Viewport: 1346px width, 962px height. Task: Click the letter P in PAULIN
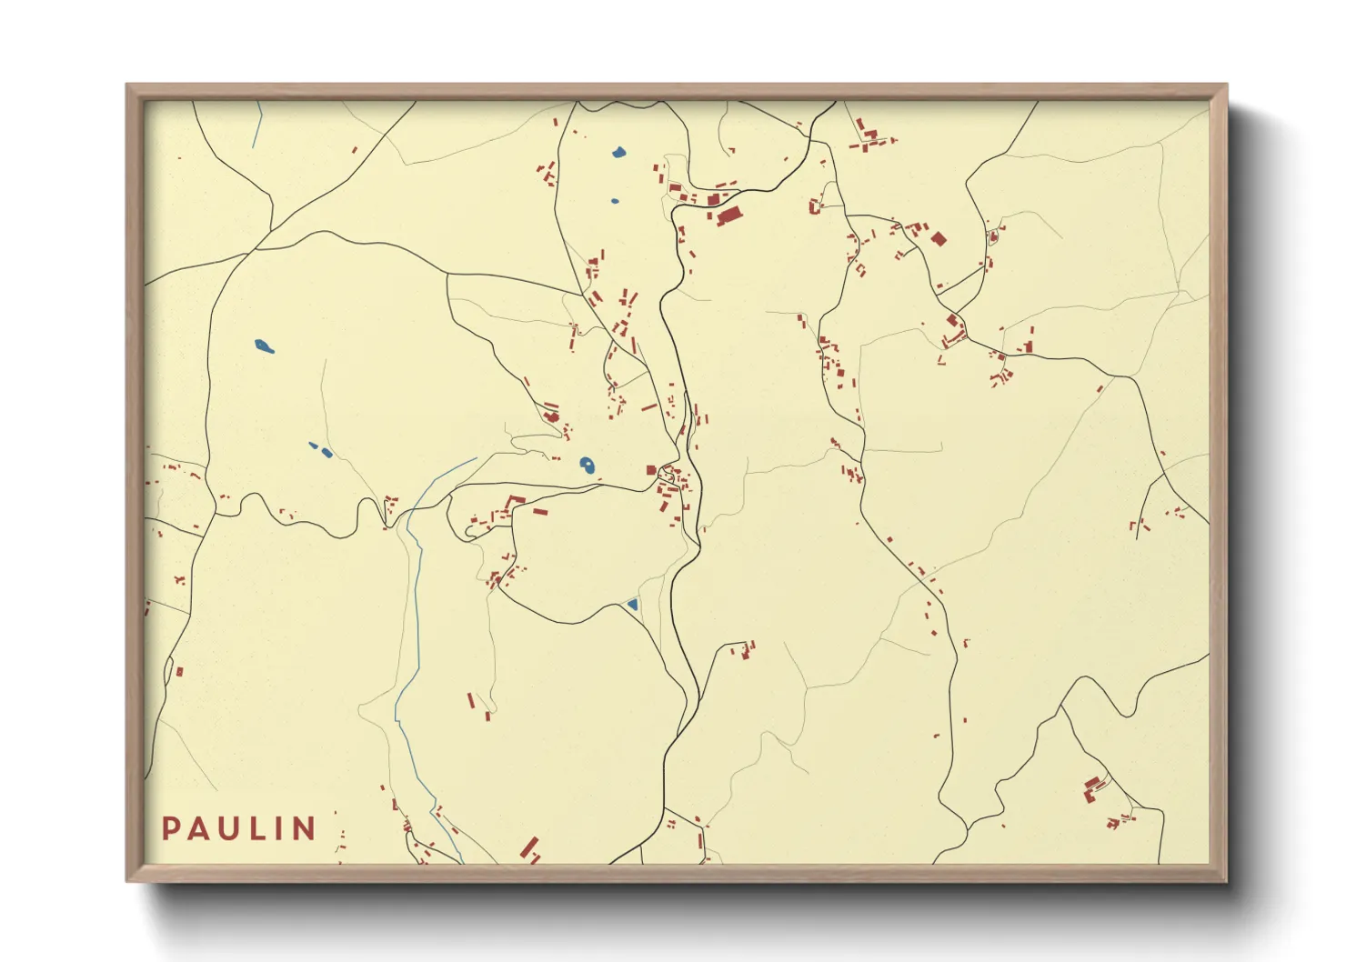pos(170,828)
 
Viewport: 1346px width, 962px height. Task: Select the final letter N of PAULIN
pos(305,828)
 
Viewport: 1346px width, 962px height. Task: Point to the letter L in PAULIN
pos(254,828)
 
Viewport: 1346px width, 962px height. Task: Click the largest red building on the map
pos(728,215)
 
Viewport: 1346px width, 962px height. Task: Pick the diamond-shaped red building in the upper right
pos(939,238)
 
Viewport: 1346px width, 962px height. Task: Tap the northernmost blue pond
pos(618,152)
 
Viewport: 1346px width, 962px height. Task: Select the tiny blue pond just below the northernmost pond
pos(615,201)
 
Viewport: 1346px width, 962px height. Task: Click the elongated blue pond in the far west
pos(264,346)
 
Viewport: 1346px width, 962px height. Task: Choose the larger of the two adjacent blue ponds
pos(326,452)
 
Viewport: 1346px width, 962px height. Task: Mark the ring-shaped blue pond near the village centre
pos(588,466)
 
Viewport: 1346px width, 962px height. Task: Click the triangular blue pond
pos(632,604)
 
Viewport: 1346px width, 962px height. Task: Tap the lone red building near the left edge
pos(180,672)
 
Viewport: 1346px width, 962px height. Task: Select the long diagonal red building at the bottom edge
pos(528,847)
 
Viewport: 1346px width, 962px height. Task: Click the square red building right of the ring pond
pos(651,470)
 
